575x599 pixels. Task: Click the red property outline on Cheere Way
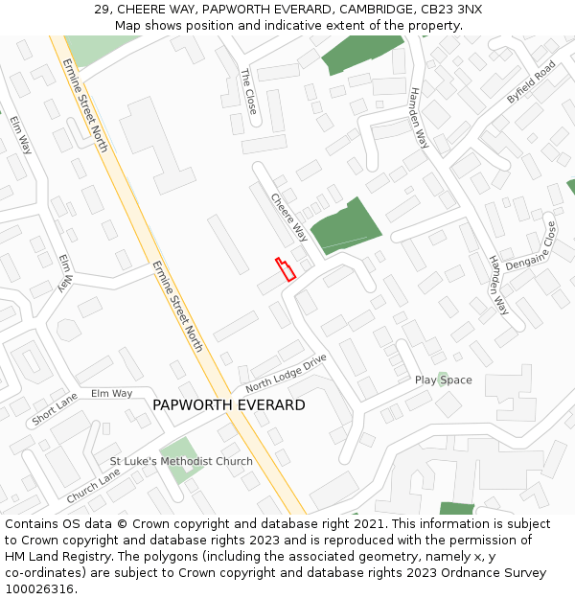pos(286,269)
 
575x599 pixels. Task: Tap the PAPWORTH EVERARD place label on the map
pos(229,405)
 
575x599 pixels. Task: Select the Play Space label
pos(443,380)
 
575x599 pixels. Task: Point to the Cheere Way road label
pos(288,218)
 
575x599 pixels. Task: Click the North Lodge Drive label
pos(286,373)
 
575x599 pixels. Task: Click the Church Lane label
pos(94,487)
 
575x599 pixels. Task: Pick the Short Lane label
pos(55,409)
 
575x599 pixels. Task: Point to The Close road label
pos(249,91)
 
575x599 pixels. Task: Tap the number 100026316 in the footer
pos(41,589)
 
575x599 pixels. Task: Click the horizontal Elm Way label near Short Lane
pos(111,393)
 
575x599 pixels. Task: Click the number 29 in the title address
pos(101,10)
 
